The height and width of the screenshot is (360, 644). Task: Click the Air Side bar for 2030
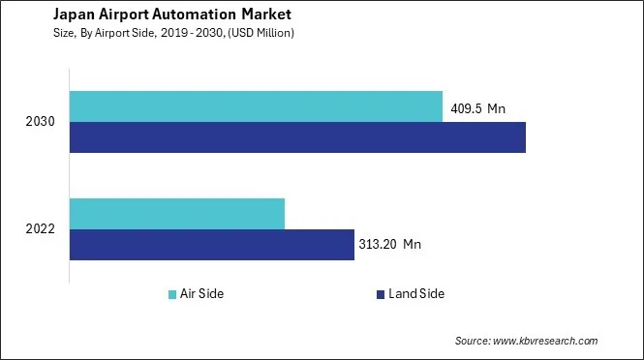tap(256, 106)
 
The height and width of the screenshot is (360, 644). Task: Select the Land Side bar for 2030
tap(297, 137)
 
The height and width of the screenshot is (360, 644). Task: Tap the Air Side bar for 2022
tap(177, 213)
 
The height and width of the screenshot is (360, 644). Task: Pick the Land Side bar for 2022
tap(212, 244)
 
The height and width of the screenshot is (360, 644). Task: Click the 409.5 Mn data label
tap(478, 108)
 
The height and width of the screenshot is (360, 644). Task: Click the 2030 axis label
tap(41, 123)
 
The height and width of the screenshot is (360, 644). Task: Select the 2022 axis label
tap(41, 229)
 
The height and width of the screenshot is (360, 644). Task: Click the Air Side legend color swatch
tap(171, 294)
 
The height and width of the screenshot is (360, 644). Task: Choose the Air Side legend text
tap(202, 294)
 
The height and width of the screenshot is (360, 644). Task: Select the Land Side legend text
tap(415, 294)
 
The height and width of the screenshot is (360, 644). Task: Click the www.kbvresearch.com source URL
tap(546, 341)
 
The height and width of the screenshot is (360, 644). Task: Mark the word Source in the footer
tap(473, 341)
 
